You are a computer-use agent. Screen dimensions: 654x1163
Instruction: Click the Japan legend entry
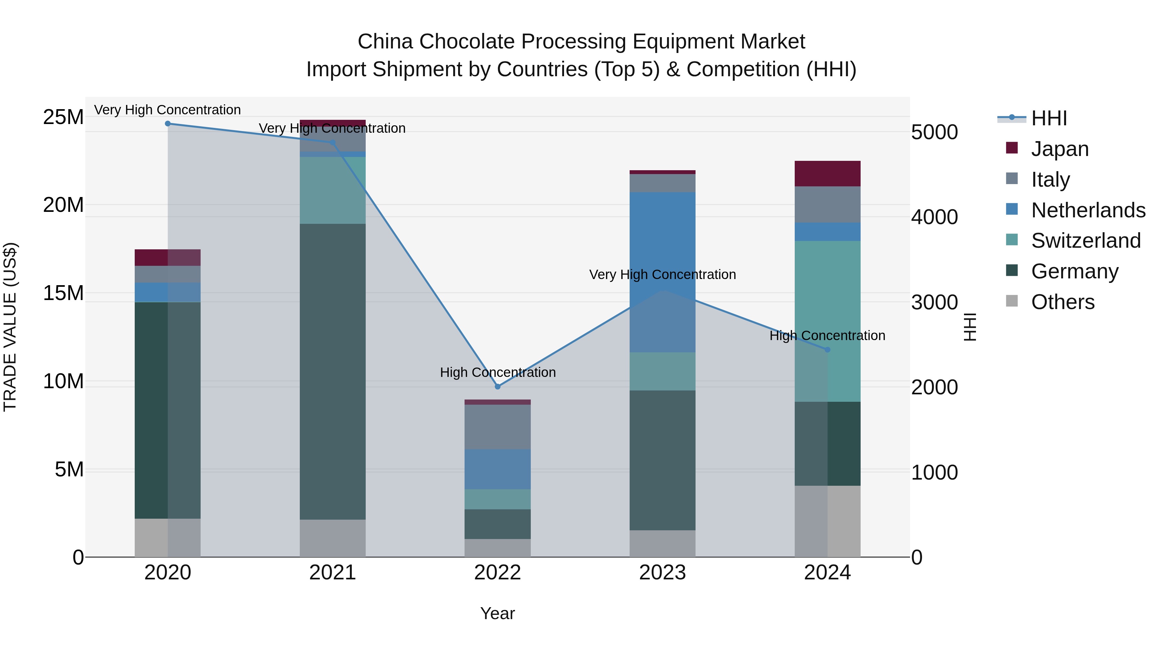click(x=1059, y=149)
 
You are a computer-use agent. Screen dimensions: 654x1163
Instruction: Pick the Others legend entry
click(x=1062, y=302)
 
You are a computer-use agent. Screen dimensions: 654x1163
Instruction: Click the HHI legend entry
click(x=1048, y=118)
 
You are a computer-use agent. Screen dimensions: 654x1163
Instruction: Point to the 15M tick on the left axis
click(x=63, y=293)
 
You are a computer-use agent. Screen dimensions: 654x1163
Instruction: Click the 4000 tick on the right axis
click(x=934, y=217)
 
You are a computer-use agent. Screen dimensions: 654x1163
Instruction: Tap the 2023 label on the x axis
click(x=662, y=572)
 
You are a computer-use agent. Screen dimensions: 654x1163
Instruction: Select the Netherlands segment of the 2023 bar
click(x=662, y=271)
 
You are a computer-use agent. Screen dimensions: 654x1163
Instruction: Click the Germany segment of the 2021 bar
click(x=332, y=370)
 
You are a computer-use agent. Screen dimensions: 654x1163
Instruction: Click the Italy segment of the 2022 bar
click(x=498, y=427)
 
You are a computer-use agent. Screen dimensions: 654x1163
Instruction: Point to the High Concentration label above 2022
click(x=498, y=372)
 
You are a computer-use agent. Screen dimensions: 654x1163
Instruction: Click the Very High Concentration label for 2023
click(x=662, y=275)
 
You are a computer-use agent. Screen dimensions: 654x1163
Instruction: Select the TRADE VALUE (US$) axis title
click(x=10, y=327)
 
